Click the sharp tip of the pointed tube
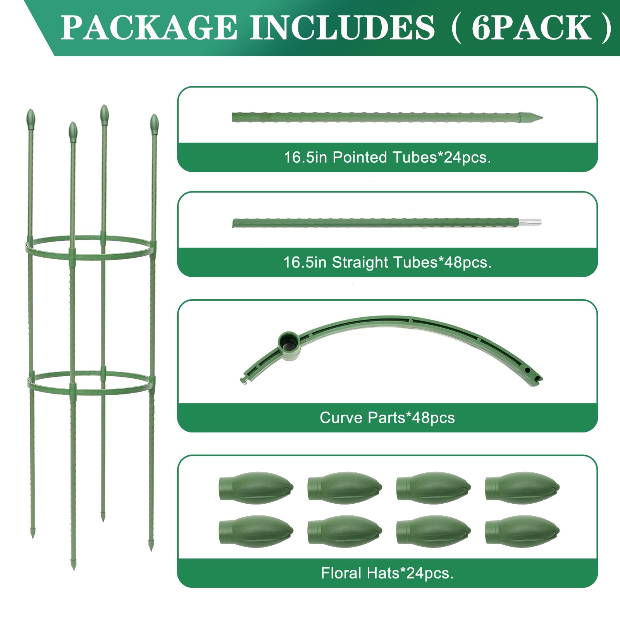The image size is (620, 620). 542,117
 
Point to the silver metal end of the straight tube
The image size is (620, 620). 530,222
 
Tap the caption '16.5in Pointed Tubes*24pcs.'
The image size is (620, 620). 387,157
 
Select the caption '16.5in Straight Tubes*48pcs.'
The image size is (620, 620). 387,262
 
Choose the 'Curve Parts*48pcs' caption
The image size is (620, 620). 387,418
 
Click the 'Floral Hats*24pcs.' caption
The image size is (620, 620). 387,573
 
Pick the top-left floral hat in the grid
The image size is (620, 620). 256,487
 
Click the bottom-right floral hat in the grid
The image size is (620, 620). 522,531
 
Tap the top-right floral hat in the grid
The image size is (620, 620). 522,487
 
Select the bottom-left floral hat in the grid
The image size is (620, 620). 256,531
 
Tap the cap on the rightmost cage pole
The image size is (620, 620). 154,124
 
